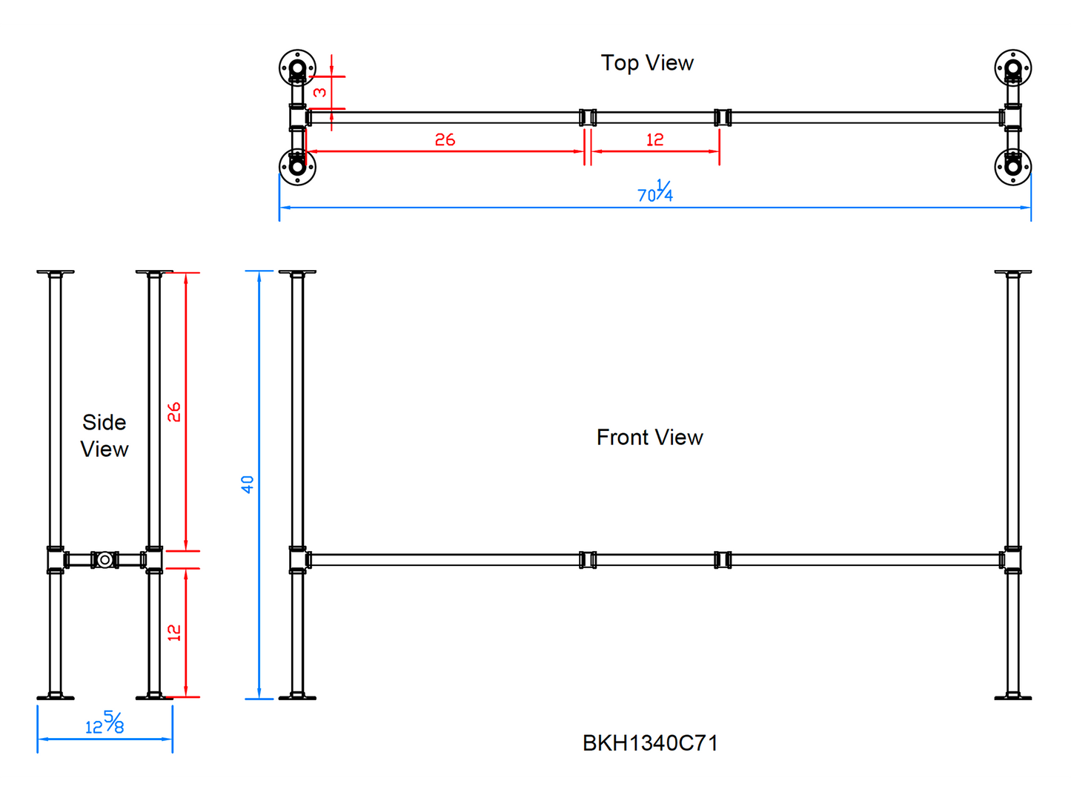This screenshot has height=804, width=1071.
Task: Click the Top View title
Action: point(647,63)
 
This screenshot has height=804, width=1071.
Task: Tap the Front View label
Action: point(649,438)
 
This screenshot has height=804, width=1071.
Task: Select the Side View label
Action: point(105,436)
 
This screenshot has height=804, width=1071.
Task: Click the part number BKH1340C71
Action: point(650,743)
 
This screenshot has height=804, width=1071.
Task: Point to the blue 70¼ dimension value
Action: point(655,193)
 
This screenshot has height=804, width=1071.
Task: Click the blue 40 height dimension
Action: point(248,484)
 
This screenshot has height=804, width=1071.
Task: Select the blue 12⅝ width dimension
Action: point(105,724)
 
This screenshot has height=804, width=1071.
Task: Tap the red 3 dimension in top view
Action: point(320,93)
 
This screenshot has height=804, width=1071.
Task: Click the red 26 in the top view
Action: point(445,139)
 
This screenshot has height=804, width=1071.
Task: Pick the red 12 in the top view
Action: point(654,139)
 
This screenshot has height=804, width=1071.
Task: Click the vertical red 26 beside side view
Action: point(174,412)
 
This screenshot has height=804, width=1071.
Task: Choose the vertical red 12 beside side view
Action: point(174,633)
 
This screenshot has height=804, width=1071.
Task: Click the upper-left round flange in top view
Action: point(297,68)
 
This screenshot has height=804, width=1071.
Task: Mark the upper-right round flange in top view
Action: point(1012,68)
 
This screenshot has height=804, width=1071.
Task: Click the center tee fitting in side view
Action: point(105,560)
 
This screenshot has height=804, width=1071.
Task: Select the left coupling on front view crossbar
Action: point(588,560)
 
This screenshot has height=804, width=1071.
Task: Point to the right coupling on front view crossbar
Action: point(723,560)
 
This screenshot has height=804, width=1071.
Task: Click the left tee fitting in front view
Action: point(298,560)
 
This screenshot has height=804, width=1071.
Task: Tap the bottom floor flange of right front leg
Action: point(1012,696)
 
